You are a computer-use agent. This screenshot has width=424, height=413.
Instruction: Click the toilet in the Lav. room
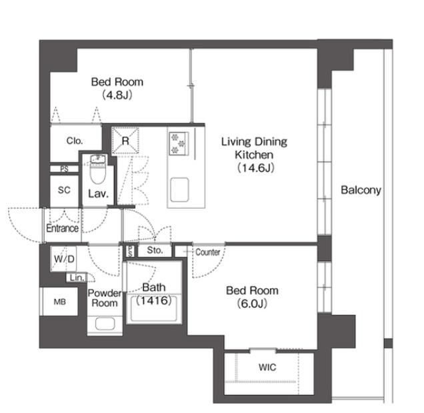coord(97,170)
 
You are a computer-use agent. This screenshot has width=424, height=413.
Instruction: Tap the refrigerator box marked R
coord(125,141)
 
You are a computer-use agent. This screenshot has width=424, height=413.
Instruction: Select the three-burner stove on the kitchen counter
coord(179,143)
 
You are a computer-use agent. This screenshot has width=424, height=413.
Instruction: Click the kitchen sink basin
coord(179,189)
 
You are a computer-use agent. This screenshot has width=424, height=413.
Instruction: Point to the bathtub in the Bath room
coord(154,309)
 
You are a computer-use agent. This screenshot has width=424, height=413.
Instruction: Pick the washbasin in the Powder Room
coord(105,324)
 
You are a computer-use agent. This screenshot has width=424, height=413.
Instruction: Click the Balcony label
coord(361,190)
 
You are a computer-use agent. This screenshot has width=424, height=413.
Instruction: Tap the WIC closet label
coord(267,367)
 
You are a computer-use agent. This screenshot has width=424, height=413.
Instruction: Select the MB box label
coord(60,302)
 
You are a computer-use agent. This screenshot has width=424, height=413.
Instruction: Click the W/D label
coord(64,259)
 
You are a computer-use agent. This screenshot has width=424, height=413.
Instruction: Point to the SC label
coord(64,190)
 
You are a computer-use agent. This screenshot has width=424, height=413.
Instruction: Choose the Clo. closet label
coord(75,141)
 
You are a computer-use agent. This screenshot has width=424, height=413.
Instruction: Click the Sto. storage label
coord(155,250)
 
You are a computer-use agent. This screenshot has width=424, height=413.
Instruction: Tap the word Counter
coord(208,252)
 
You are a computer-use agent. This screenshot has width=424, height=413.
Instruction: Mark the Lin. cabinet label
coord(77,278)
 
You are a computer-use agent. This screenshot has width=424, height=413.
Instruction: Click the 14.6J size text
coord(256,168)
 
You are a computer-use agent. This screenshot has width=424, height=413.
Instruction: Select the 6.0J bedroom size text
coord(252,304)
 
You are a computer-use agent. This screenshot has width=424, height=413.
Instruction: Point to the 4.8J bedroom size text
coord(117,95)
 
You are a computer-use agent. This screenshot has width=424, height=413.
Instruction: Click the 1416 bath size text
coord(154,300)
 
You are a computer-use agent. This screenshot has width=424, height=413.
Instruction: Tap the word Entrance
coord(62,228)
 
